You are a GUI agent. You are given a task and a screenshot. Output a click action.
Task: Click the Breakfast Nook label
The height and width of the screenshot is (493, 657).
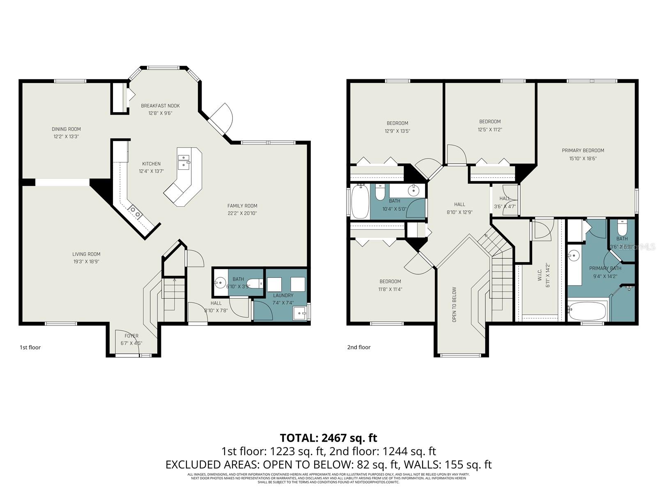pyautogui.click(x=160, y=106)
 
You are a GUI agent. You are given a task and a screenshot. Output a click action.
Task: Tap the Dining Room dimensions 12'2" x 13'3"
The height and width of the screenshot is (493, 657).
pyautogui.click(x=66, y=136)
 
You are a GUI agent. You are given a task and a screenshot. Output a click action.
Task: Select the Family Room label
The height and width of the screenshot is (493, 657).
pyautogui.click(x=242, y=206)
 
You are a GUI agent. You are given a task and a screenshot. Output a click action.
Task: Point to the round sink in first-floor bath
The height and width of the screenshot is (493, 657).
pyautogui.click(x=221, y=283)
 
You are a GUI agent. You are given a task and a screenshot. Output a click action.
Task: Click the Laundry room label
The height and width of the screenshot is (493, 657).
pyautogui.click(x=283, y=295)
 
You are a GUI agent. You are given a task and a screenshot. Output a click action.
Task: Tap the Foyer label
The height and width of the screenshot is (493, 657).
pyautogui.click(x=131, y=336)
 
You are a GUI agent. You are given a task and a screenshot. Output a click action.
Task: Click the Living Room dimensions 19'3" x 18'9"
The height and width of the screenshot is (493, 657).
pyautogui.click(x=86, y=261)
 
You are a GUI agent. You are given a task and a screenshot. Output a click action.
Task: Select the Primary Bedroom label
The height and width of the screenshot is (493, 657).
pyautogui.click(x=583, y=150)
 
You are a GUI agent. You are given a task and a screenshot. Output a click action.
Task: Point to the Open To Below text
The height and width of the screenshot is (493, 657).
pyautogui.click(x=454, y=304)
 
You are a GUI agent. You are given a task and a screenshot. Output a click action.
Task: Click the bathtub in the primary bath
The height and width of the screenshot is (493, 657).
pyautogui.click(x=587, y=311)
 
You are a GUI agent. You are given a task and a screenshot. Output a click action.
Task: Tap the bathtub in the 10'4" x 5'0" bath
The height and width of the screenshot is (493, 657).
pyautogui.click(x=360, y=202)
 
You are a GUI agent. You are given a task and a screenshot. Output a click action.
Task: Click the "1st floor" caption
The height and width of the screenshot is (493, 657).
pyautogui.click(x=30, y=347)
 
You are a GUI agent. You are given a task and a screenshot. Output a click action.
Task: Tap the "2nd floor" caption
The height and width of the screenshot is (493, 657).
pyautogui.click(x=358, y=347)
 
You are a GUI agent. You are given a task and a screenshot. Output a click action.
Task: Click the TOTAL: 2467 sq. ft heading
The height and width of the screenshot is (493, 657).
pyautogui.click(x=328, y=438)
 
